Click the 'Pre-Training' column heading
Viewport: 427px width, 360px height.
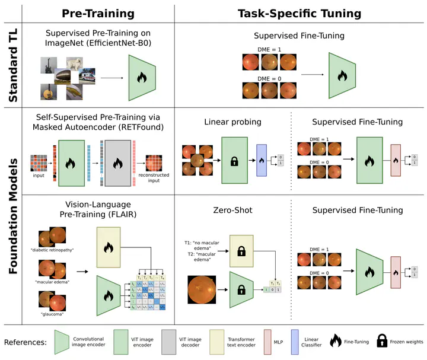pyautogui.click(x=98, y=13)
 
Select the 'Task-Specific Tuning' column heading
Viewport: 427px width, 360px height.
pyautogui.click(x=299, y=13)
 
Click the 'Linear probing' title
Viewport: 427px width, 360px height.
pyautogui.click(x=232, y=122)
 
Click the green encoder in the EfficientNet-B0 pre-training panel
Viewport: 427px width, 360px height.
pyautogui.click(x=141, y=77)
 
